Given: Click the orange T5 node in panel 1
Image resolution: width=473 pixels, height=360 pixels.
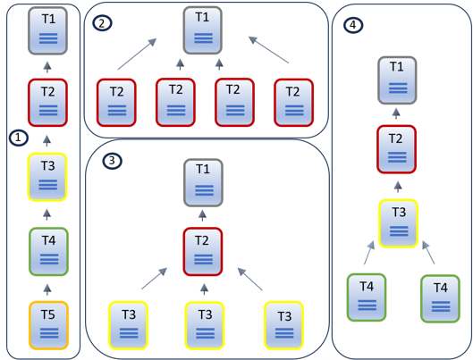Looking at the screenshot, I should coord(48,324).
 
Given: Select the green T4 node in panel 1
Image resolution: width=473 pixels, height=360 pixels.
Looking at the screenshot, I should coord(48,251).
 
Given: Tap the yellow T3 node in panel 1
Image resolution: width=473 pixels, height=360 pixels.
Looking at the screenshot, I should coord(48,176).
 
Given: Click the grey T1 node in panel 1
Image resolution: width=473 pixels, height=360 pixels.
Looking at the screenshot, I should coord(48,29).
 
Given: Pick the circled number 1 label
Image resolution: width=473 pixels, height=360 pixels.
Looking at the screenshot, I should coord(16,138).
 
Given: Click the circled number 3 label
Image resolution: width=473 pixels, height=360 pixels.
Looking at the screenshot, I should coord(111,161).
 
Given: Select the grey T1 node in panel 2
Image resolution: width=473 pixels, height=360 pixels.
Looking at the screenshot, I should coord(203,29).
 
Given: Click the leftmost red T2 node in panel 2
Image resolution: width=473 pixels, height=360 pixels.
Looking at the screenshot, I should coord(117,102).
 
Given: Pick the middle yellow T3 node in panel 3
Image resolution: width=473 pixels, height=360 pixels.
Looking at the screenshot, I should coord(205,324).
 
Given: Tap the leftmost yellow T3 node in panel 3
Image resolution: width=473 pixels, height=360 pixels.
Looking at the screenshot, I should coord(128,324).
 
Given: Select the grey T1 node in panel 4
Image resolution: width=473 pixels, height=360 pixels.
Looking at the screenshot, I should coord(397,79).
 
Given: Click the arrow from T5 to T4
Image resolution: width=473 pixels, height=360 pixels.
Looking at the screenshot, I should coord(48,289).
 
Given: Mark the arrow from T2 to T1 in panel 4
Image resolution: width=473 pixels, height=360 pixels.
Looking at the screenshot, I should coord(398,113).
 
